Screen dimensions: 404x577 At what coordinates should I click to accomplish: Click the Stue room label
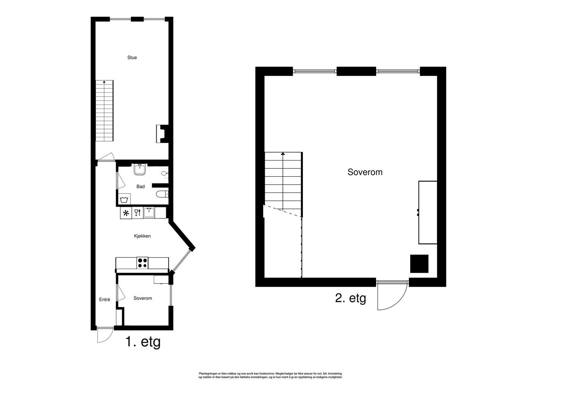click(132, 57)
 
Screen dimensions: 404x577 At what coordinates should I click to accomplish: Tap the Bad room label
click(140, 186)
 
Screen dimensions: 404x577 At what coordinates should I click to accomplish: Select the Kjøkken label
click(142, 236)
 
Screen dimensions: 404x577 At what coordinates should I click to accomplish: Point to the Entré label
click(105, 299)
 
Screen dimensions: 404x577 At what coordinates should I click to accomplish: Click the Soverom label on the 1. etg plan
click(142, 298)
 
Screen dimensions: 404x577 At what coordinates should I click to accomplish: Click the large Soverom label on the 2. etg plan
click(365, 172)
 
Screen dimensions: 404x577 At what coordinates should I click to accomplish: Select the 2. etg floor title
click(351, 298)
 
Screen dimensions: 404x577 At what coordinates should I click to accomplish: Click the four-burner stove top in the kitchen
click(142, 263)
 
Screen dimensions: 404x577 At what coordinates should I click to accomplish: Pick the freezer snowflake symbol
click(126, 213)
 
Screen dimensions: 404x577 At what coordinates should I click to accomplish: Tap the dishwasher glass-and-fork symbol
click(137, 213)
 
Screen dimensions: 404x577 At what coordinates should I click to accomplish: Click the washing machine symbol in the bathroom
click(124, 199)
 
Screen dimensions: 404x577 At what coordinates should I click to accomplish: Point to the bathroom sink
click(140, 169)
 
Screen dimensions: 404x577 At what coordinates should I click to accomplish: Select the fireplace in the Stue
click(161, 133)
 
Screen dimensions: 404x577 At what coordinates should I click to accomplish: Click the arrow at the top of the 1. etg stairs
click(104, 82)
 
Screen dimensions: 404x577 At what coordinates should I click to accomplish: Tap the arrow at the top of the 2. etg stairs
click(283, 154)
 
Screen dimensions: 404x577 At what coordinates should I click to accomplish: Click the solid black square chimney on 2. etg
click(419, 264)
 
